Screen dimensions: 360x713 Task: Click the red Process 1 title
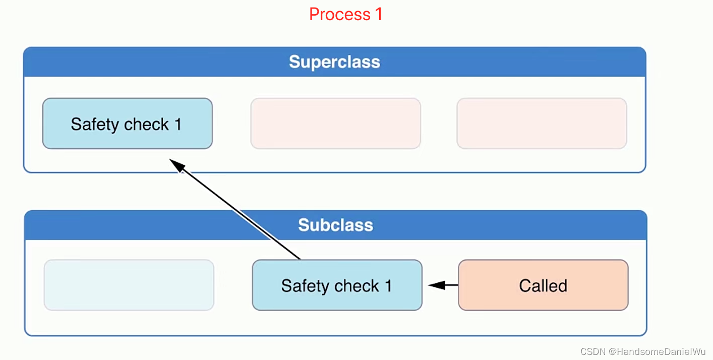(x=345, y=14)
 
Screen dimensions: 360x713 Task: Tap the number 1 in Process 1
(x=378, y=14)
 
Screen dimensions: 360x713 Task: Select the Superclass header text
(x=334, y=62)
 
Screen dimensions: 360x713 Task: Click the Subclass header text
(x=335, y=225)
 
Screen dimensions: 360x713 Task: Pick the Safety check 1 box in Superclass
(x=127, y=124)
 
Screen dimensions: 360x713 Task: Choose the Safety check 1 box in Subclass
(x=337, y=285)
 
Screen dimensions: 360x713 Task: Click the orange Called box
(x=543, y=285)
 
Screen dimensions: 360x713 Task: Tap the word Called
(x=543, y=286)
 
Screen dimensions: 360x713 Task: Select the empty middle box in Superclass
(x=335, y=124)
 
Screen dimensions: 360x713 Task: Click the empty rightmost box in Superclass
(x=542, y=124)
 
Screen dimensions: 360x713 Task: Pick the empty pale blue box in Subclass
(x=129, y=285)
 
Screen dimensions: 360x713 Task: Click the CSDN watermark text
(x=592, y=351)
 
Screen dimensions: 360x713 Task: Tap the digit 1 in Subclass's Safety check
(x=388, y=286)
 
